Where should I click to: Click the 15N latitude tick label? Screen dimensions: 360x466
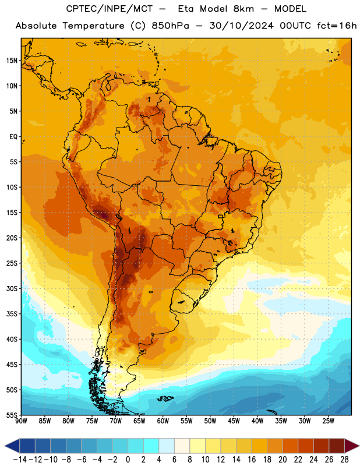12,61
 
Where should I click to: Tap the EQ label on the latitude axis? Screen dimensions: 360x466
13,137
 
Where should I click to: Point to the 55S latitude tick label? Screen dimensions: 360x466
12,415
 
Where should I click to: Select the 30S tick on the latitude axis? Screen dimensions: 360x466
12,288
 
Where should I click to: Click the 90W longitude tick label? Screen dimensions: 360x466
21,421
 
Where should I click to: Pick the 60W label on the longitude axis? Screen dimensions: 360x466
163,421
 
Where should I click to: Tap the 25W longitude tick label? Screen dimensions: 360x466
328,421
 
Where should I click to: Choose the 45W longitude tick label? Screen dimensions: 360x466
234,421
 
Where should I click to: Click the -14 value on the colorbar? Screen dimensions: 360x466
20,460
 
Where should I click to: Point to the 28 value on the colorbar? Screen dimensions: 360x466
344,460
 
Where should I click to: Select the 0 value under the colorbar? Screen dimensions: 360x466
128,460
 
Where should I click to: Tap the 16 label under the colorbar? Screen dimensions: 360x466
252,460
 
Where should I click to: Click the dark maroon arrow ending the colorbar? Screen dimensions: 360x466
352,446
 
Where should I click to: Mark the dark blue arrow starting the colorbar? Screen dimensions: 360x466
12,446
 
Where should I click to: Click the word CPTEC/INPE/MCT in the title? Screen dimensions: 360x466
110,9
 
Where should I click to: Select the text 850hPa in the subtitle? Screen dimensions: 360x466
170,26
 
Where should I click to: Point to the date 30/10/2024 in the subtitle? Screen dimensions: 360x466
241,26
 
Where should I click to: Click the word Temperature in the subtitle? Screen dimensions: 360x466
93,26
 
